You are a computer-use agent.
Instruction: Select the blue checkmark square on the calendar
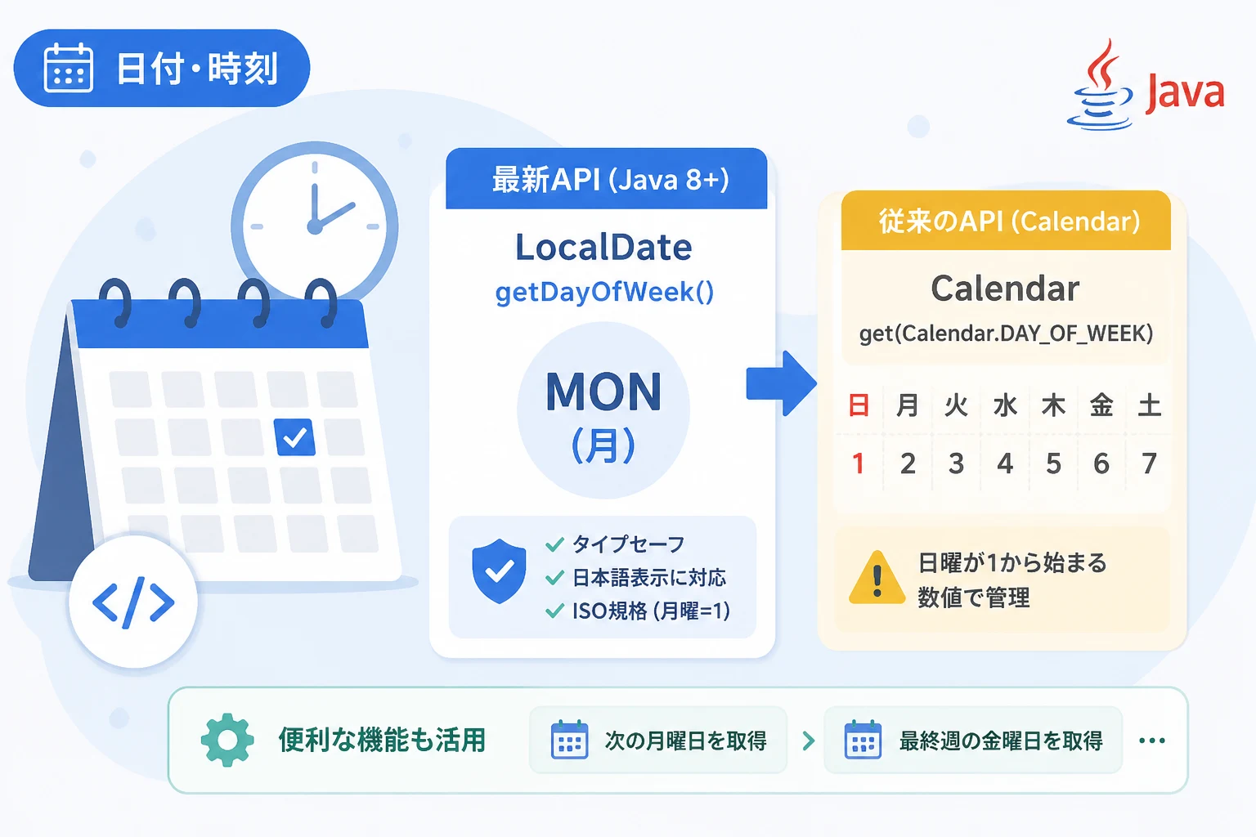click(294, 436)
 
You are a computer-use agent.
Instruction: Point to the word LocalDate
click(603, 247)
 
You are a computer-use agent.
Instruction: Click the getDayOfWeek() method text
click(604, 292)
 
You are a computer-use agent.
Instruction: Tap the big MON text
click(603, 392)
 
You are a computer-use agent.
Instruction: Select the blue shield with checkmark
click(499, 571)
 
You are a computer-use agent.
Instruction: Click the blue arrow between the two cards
click(781, 383)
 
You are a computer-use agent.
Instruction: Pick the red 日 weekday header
click(859, 405)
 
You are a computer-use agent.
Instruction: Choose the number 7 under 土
click(1149, 463)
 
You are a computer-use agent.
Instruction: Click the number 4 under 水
click(1005, 463)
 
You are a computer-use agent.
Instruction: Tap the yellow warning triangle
click(877, 577)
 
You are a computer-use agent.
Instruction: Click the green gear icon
click(227, 740)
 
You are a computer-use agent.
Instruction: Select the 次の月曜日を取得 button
click(658, 741)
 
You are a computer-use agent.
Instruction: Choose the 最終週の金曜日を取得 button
click(973, 741)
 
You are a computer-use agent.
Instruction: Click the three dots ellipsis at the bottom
click(1151, 741)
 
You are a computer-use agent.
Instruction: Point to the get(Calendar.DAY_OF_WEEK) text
click(1006, 333)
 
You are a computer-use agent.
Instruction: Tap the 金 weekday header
click(1101, 405)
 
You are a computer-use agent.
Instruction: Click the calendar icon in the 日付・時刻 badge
click(69, 67)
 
